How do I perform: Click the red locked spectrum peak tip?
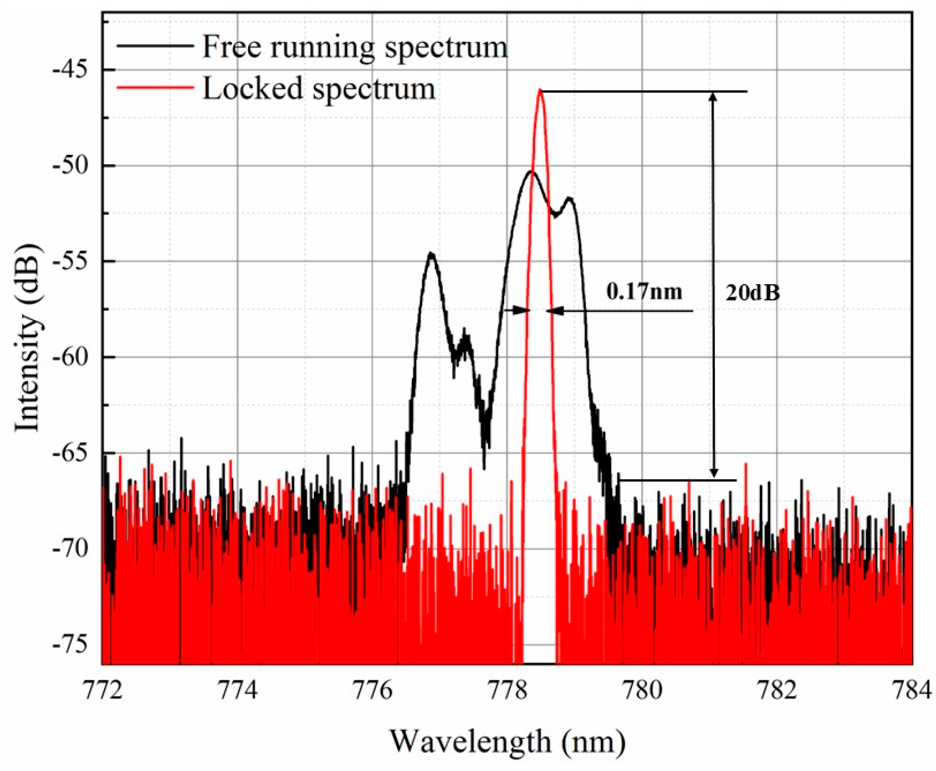(540, 90)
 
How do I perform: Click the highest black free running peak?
(531, 171)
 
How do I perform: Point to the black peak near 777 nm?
(431, 254)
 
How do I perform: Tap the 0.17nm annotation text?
(644, 292)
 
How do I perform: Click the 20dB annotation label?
(752, 293)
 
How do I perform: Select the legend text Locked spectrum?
(319, 88)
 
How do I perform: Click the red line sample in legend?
(155, 88)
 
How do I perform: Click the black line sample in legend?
(155, 47)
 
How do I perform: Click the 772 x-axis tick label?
(103, 691)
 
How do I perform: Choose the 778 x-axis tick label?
(508, 691)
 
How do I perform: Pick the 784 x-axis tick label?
(912, 691)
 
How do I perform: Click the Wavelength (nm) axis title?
(507, 741)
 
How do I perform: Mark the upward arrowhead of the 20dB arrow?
(713, 97)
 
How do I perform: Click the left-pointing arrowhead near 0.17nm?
(553, 311)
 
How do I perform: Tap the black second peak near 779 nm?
(569, 198)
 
